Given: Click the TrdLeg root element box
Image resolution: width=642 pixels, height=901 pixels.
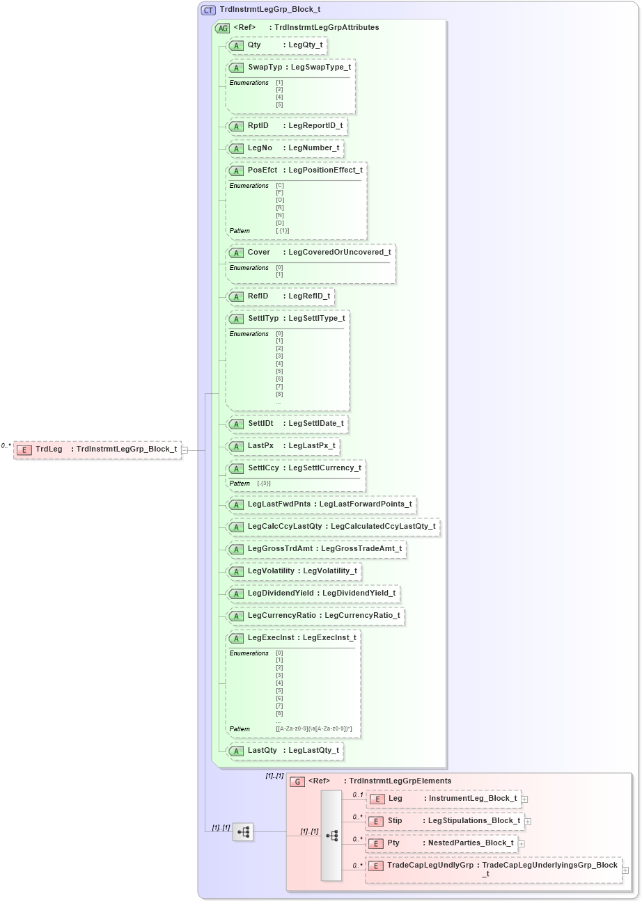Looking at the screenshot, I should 97,449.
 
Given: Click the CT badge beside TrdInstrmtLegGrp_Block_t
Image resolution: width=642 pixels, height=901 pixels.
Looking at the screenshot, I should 208,10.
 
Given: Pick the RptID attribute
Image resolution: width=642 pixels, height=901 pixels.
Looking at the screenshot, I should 286,126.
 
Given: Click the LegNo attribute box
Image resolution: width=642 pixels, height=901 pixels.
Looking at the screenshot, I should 285,148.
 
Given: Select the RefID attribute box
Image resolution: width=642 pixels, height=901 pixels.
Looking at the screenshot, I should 280,296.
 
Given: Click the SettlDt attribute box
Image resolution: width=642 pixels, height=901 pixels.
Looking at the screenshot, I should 287,424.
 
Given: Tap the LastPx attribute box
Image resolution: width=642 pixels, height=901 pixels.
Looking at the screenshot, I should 283,446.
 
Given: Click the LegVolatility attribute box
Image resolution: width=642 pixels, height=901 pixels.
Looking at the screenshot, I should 293,571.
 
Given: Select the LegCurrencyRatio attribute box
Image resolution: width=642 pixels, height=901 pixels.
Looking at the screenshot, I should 315,616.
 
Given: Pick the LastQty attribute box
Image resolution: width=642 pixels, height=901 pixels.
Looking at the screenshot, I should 285,751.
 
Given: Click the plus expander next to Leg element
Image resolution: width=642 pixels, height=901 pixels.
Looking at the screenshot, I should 524,799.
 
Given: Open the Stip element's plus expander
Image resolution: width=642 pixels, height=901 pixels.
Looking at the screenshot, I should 528,822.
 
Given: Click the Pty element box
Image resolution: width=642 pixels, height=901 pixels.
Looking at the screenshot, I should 443,843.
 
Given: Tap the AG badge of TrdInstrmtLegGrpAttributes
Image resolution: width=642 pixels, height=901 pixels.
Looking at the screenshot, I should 223,28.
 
